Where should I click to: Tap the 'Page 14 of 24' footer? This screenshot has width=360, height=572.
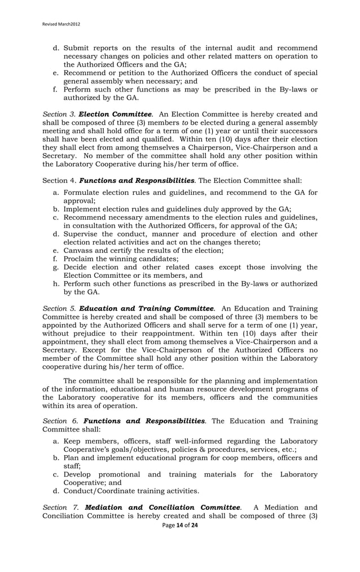(179, 525)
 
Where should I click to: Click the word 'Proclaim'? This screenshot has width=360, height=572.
(81, 259)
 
